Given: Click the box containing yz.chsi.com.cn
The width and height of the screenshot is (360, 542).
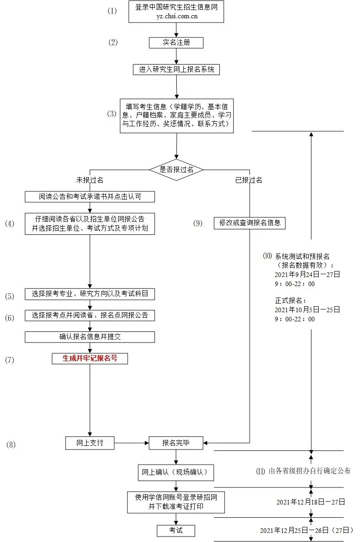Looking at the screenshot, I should (x=176, y=12).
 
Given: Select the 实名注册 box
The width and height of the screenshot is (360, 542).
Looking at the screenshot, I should (x=176, y=43).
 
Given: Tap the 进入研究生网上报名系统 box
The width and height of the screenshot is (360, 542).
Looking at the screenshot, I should (x=176, y=70).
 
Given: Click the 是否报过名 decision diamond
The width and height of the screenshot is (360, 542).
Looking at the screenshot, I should (x=176, y=169).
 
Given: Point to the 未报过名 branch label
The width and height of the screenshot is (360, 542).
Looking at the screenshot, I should (x=90, y=180).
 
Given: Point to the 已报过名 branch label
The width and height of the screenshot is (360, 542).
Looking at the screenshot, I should (x=249, y=180).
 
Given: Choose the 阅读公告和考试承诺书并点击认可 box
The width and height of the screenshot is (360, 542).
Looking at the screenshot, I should (x=90, y=197).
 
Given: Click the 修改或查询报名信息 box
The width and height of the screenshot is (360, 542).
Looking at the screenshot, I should (x=250, y=223).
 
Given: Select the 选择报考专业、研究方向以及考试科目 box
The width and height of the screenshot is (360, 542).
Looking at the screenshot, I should (x=90, y=294).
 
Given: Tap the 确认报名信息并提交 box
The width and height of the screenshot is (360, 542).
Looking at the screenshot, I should (x=90, y=337).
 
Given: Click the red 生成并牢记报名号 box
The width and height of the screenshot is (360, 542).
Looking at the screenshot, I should (x=90, y=358).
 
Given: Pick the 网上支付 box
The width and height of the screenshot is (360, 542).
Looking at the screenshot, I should (x=90, y=443).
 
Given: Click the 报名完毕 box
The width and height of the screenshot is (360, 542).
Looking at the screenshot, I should (x=176, y=443).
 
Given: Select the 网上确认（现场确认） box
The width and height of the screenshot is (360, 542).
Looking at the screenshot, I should (x=176, y=473).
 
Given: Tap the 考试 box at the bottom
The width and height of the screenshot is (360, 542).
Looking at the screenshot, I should (x=176, y=530).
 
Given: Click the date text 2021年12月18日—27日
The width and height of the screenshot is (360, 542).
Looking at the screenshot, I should (x=311, y=502).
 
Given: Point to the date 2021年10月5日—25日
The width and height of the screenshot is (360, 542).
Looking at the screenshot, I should (x=307, y=310).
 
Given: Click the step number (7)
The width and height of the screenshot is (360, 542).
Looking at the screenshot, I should (x=10, y=360).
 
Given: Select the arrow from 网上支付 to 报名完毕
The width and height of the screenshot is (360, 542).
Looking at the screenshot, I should (x=131, y=443).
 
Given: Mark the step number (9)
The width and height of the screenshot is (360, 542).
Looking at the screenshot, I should (x=197, y=223).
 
